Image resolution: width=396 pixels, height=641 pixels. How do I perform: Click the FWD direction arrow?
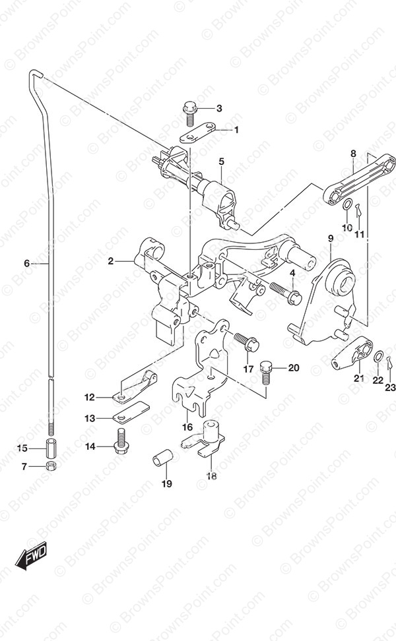pos(32,557)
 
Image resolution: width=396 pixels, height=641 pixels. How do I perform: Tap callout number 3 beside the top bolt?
pos(219,108)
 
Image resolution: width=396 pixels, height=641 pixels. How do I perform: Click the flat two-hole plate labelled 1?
pos(197,133)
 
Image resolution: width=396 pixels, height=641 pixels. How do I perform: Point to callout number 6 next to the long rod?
pos(27,263)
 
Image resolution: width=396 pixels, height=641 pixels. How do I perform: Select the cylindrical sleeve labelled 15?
pos(50,448)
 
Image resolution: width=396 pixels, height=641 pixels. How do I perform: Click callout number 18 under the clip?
pos(212,476)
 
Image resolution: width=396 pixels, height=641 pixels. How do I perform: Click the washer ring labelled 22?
pos(379,355)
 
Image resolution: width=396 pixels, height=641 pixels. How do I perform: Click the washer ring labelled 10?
pos(347,204)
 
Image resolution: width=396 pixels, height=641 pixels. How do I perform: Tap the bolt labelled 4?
pos(284,293)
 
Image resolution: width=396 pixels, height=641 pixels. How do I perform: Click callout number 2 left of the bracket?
pos(111,260)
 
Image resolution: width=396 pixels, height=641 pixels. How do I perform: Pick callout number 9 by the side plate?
pos(331,238)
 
